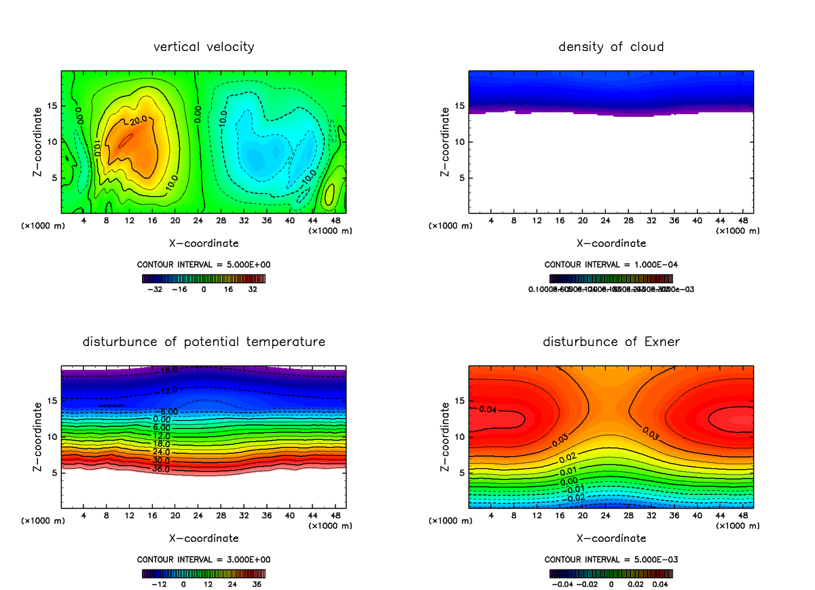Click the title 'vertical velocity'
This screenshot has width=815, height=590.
pos(204,47)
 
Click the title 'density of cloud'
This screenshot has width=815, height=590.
pos(611,47)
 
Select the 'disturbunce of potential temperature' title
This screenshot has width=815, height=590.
pos(204,342)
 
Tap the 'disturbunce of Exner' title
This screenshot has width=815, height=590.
pos(611,342)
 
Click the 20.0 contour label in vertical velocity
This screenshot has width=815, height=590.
pos(138,121)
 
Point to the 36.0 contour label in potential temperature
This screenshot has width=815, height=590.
pos(162,468)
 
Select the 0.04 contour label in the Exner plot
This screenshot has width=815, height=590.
pos(488,409)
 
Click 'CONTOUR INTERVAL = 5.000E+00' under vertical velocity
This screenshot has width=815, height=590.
pos(204,264)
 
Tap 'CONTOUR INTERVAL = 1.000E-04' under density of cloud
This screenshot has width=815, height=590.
pos(611,264)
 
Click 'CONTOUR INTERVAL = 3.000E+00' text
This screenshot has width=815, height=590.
pos(204,559)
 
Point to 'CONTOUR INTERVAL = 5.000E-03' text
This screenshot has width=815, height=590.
pos(611,559)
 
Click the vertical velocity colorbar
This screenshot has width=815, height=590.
pos(204,278)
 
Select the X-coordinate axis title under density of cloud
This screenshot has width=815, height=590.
pos(611,243)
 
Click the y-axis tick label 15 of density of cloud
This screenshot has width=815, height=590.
pos(460,106)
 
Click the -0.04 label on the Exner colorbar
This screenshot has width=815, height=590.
pos(564,584)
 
